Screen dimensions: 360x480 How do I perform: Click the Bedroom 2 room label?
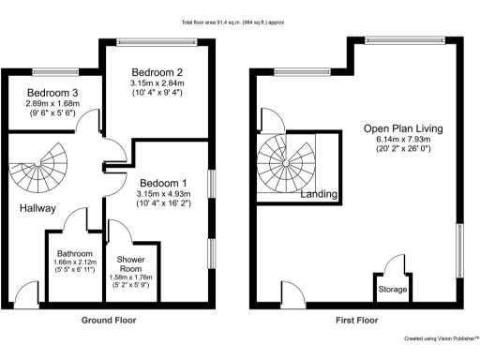pyautogui.click(x=156, y=71)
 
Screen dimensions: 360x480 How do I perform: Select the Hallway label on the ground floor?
pyautogui.click(x=36, y=208)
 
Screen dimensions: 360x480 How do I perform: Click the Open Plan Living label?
pyautogui.click(x=404, y=128)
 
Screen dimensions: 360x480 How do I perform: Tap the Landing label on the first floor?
pyautogui.click(x=319, y=195)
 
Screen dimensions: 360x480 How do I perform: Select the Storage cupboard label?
pyautogui.click(x=392, y=290)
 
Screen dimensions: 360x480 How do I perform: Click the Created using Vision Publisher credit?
pyautogui.click(x=441, y=339)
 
